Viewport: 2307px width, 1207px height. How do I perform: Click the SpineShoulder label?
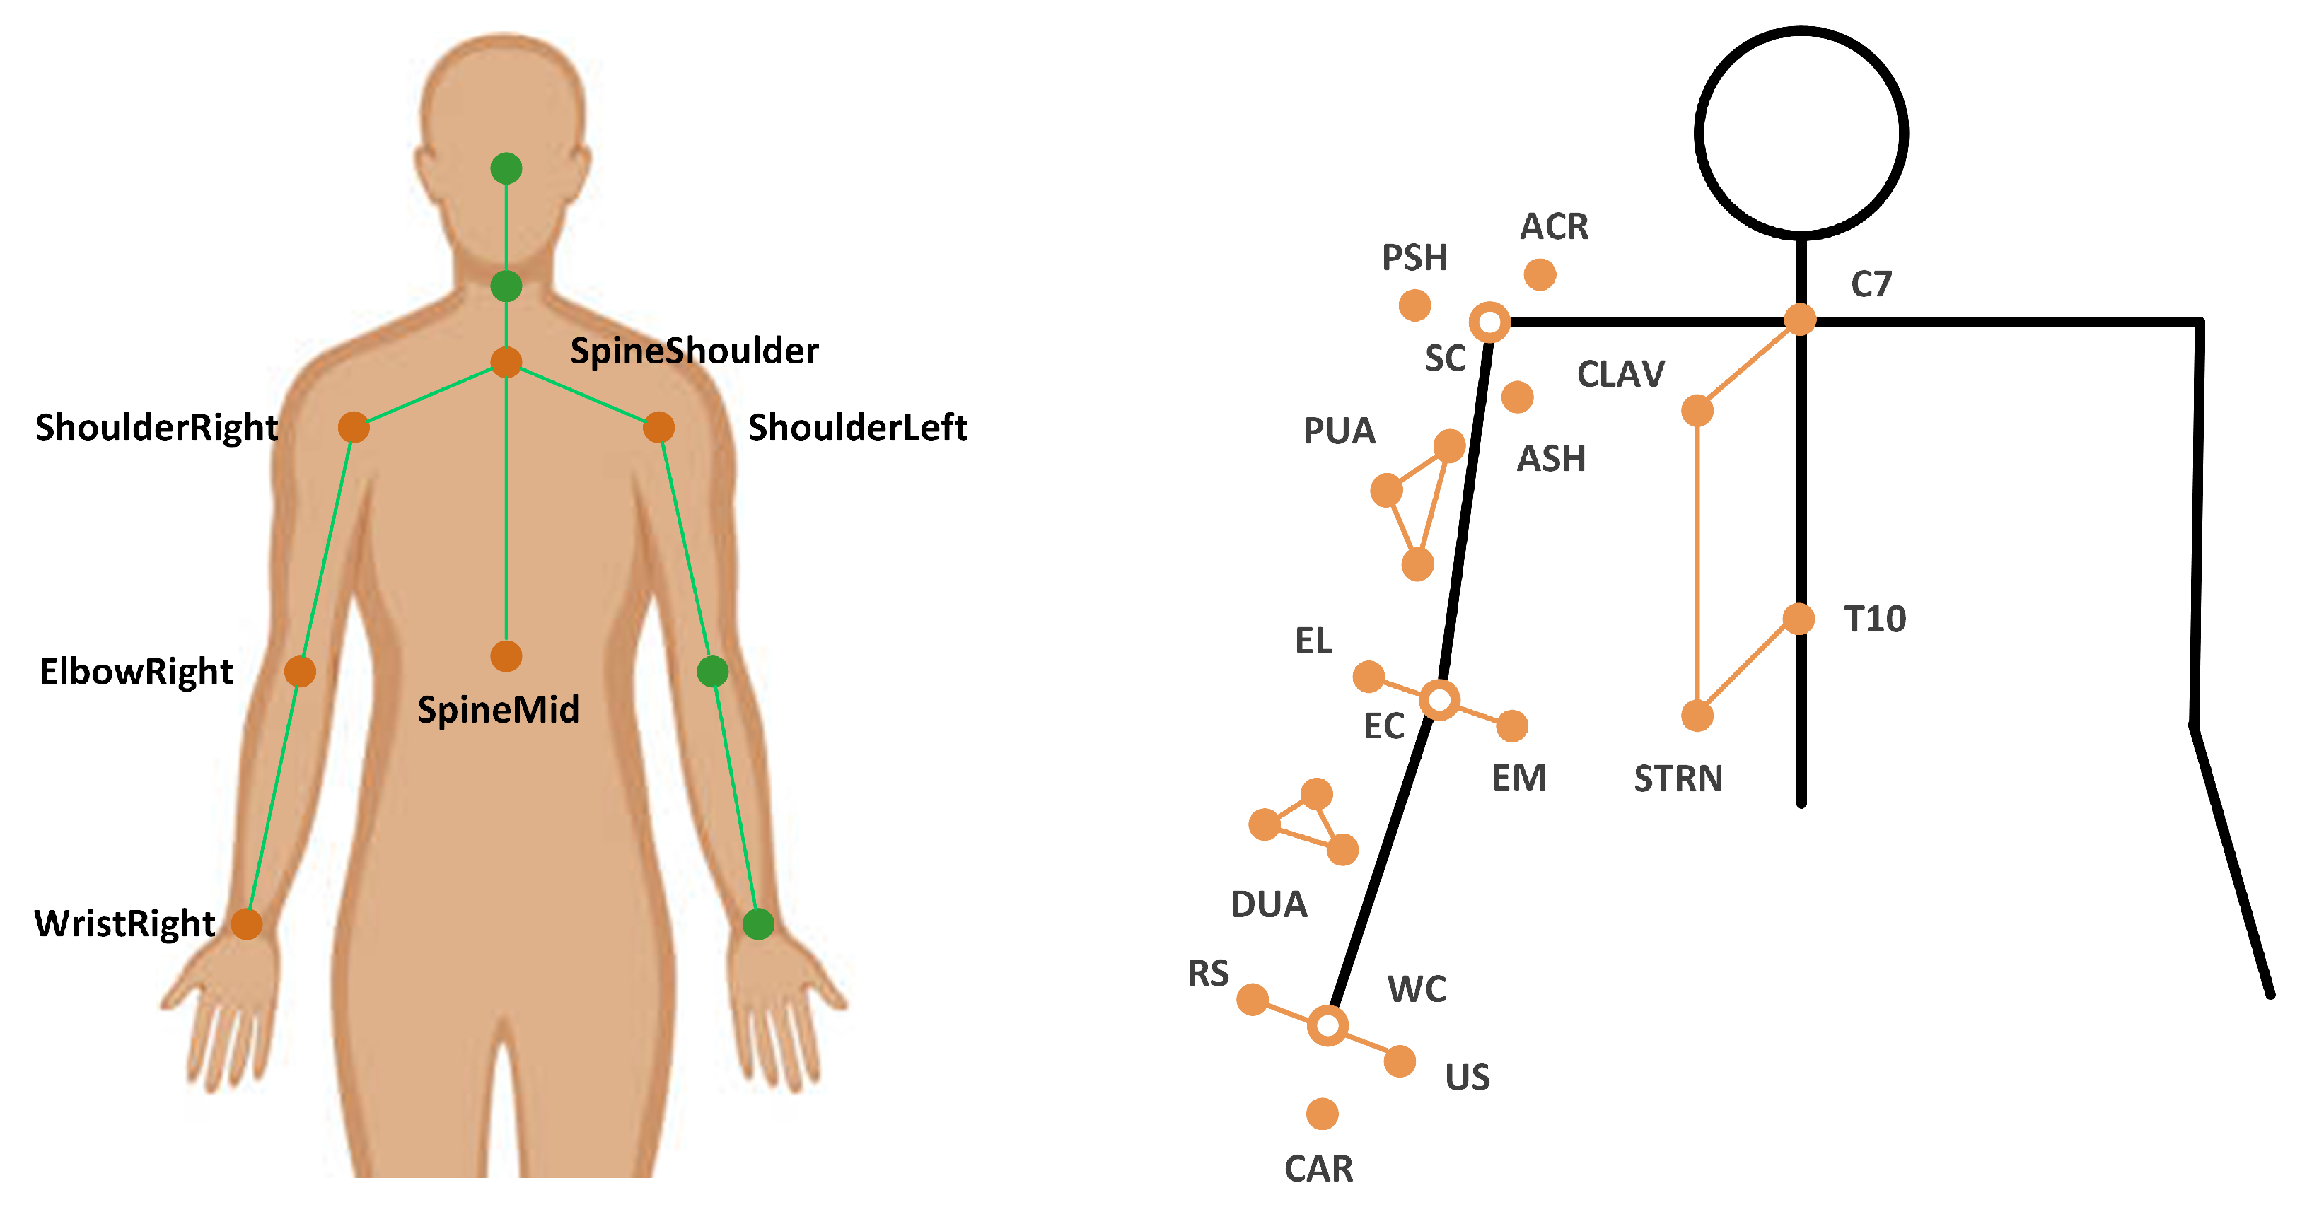tap(694, 351)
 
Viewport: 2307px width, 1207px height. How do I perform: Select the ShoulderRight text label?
tap(157, 428)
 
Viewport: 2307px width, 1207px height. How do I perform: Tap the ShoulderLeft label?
tap(857, 428)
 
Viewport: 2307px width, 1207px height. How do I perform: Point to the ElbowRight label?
tap(136, 672)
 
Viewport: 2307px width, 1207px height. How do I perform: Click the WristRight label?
tap(124, 923)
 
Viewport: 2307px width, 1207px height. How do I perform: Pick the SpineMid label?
tap(498, 710)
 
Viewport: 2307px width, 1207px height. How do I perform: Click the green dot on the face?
tap(506, 168)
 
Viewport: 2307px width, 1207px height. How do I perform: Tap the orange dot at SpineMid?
tap(506, 656)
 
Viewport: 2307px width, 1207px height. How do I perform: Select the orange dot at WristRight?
tap(246, 923)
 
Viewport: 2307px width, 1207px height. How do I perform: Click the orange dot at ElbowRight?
tap(300, 670)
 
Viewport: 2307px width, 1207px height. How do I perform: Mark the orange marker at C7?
tap(1800, 319)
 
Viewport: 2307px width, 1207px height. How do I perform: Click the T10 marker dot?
tap(1798, 619)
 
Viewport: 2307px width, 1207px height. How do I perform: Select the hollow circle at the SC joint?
tap(1490, 322)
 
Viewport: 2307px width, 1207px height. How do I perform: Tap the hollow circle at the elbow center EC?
tap(1440, 699)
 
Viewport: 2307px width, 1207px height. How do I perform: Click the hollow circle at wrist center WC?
tap(1328, 1025)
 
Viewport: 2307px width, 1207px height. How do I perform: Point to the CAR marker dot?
tap(1322, 1114)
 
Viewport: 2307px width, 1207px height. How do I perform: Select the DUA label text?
tap(1269, 904)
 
